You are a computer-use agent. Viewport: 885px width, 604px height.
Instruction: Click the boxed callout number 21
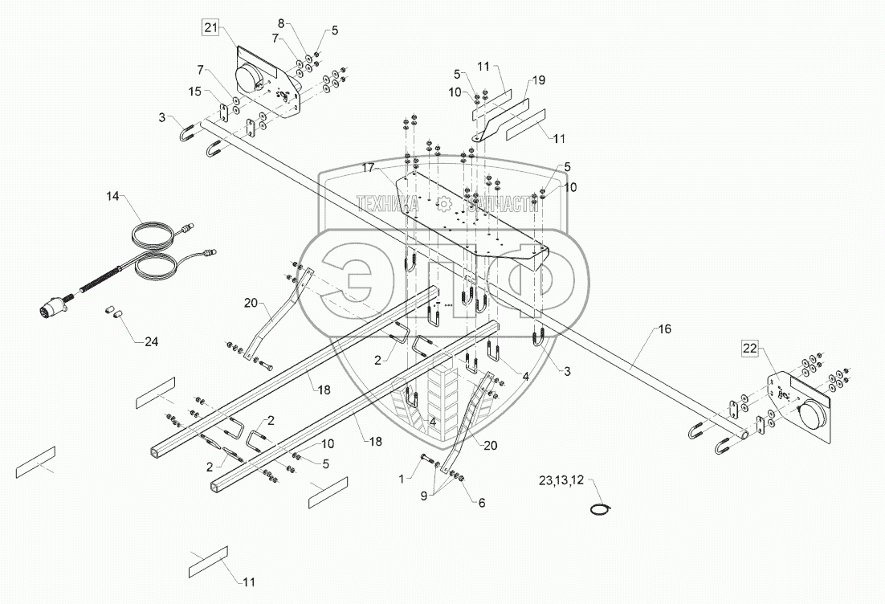pos(210,29)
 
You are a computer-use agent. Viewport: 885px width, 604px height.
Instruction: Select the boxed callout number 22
pos(749,348)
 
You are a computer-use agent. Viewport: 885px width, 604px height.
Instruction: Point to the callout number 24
pos(151,342)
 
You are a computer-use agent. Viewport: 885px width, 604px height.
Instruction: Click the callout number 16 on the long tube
pos(664,330)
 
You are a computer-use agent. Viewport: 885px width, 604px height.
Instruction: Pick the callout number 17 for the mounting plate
pos(368,167)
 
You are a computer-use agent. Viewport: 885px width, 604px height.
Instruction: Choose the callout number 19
pos(536,80)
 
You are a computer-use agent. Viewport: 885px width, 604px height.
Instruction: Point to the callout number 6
pos(482,503)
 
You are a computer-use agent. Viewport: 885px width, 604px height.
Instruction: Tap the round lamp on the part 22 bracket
pos(814,419)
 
